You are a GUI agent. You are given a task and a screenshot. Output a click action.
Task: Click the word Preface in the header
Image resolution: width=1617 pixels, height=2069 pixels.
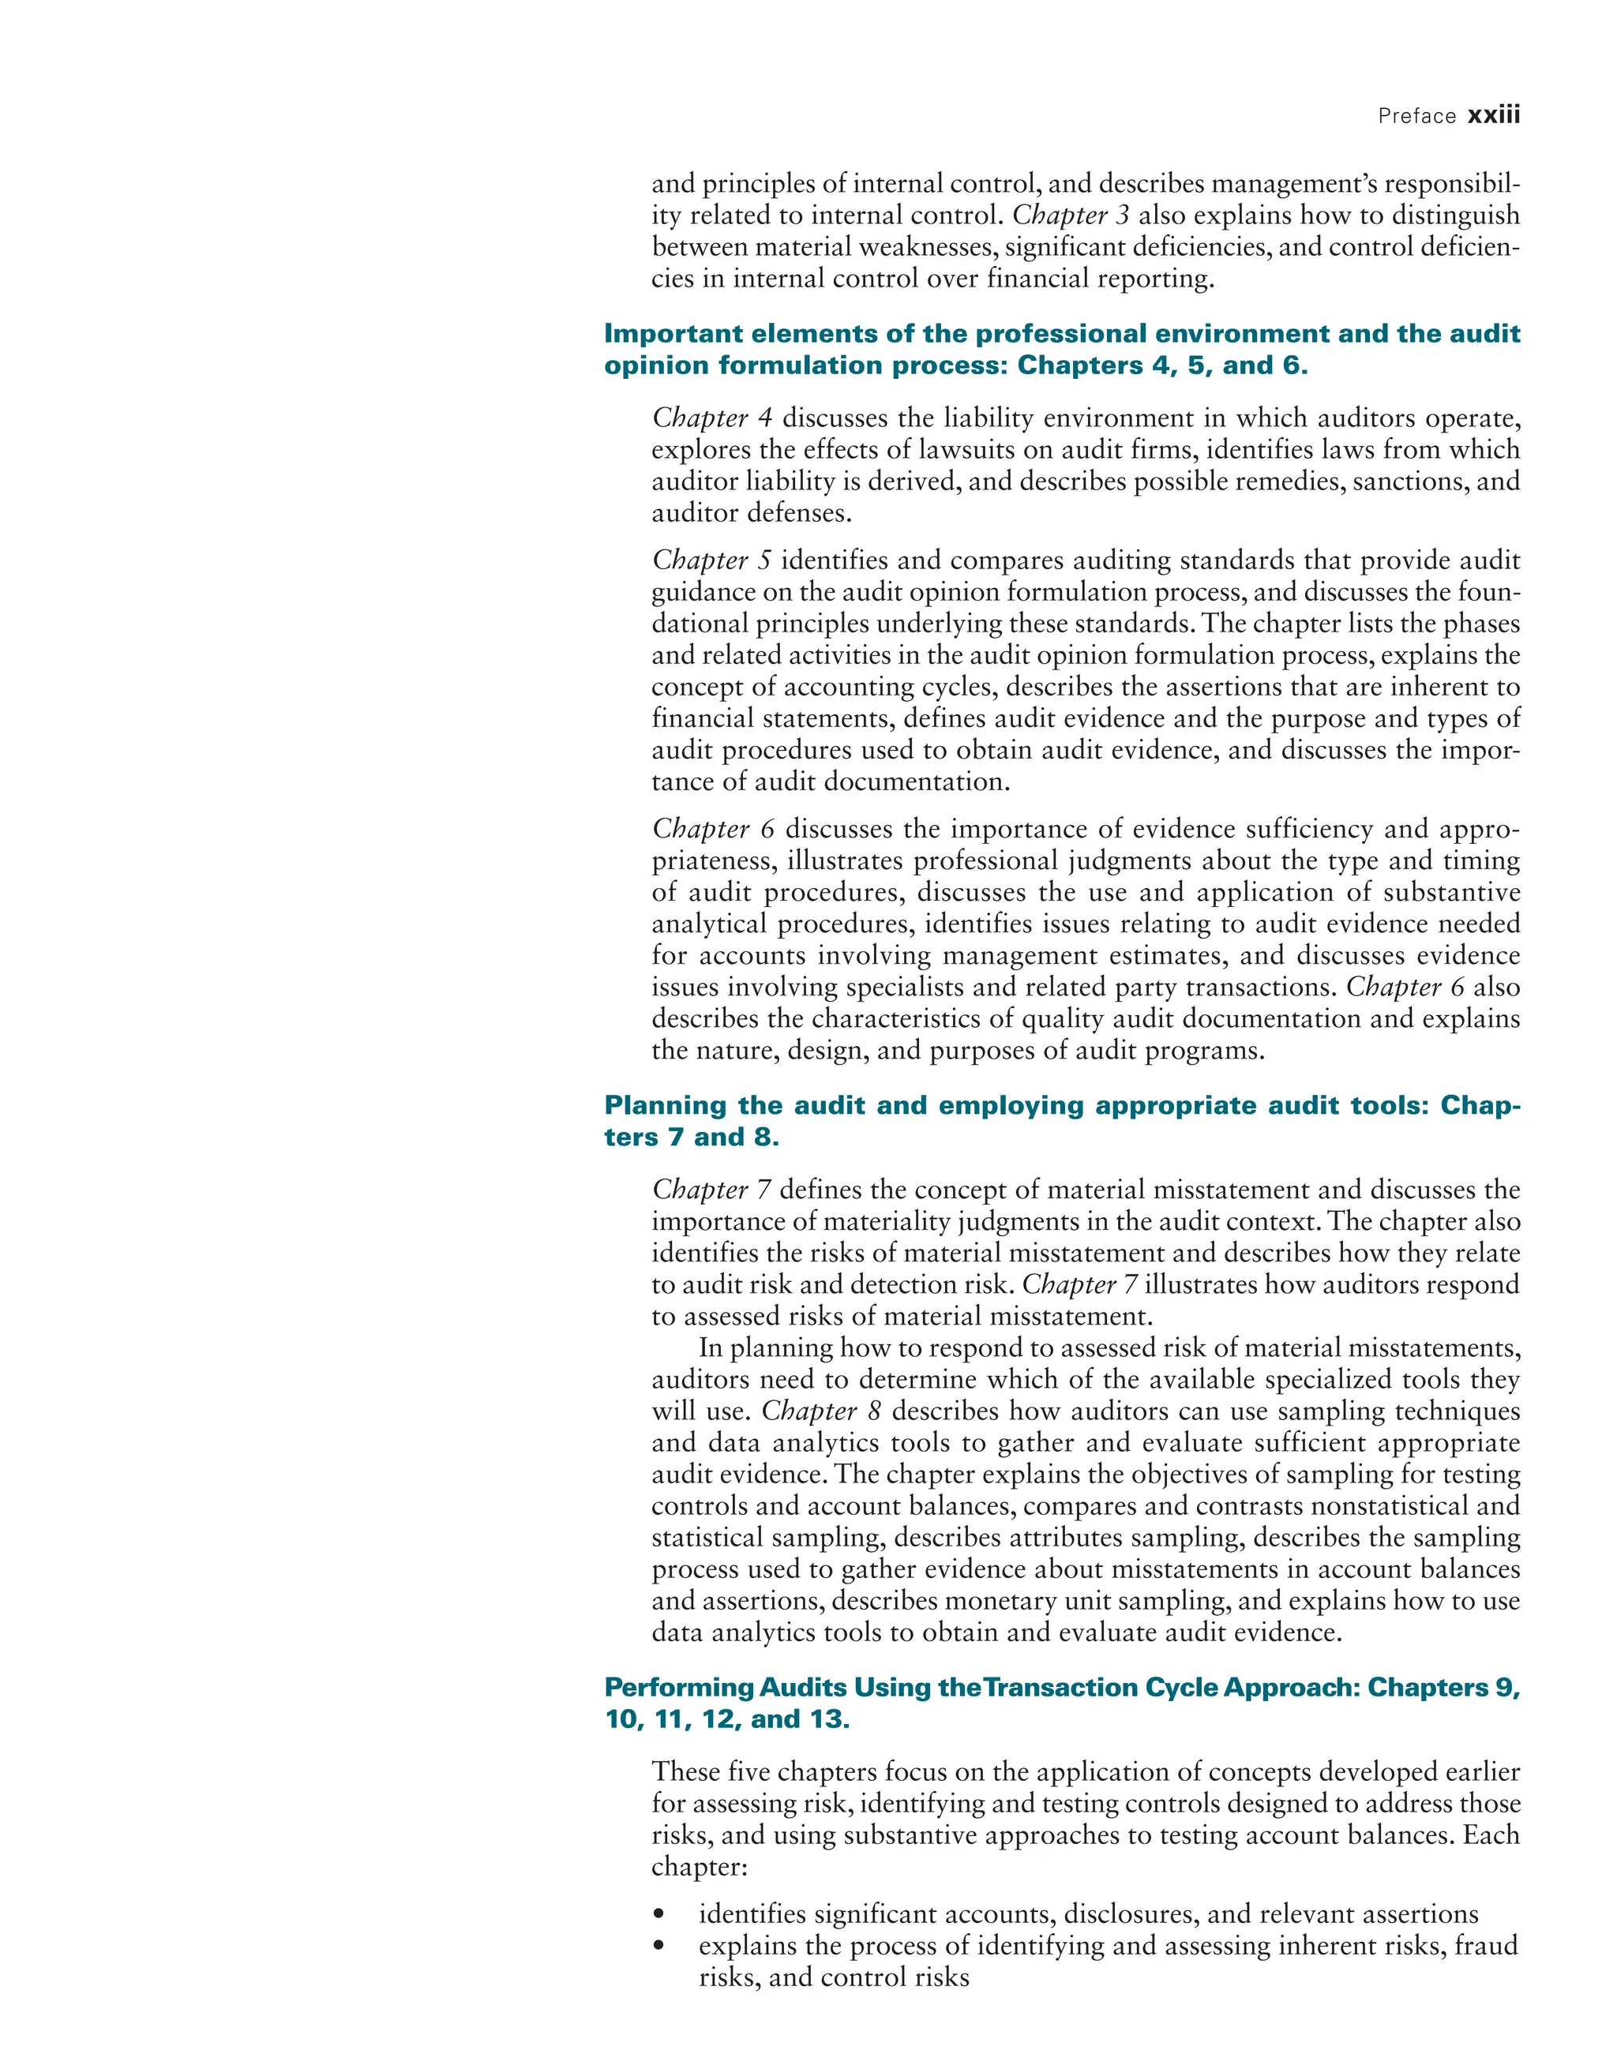pos(1417,117)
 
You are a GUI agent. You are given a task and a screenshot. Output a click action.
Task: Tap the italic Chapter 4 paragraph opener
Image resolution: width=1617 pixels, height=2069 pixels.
pos(712,418)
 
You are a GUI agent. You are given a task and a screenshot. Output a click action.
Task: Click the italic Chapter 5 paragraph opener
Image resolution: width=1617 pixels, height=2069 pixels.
pos(711,560)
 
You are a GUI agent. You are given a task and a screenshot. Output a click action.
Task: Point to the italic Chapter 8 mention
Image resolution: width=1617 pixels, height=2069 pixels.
pos(821,1411)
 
